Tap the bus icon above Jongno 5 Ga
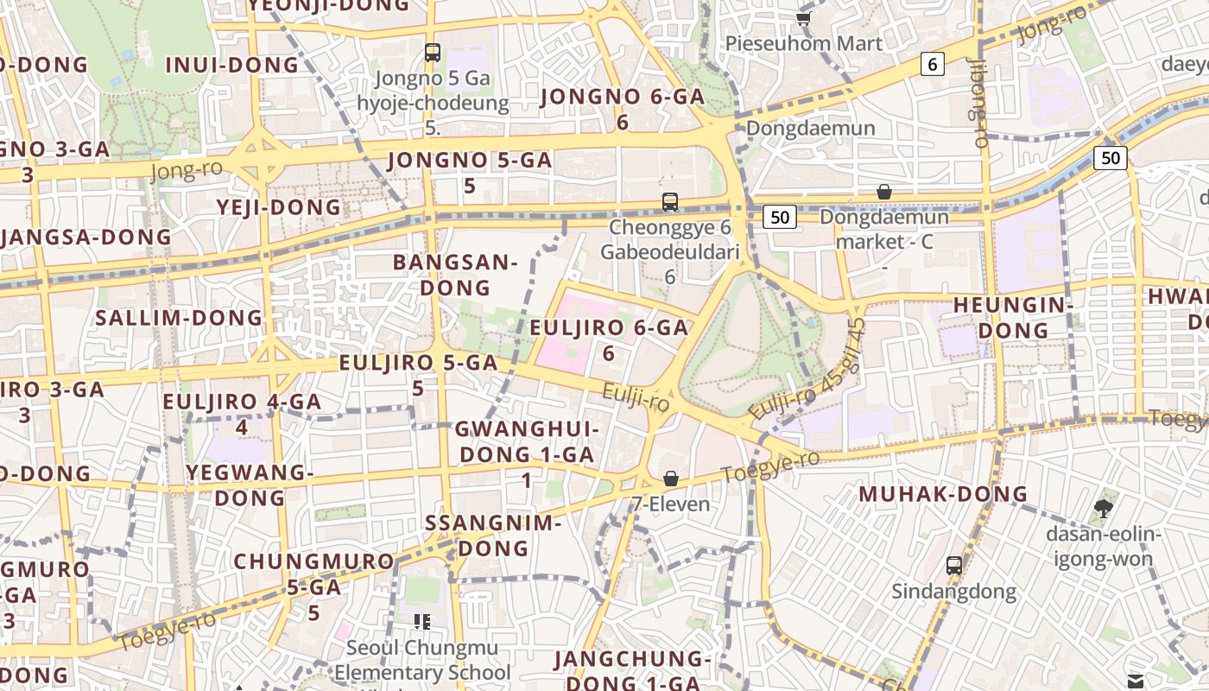(433, 53)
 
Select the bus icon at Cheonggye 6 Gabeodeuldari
(670, 202)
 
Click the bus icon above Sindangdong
(953, 566)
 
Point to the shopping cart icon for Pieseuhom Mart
(804, 17)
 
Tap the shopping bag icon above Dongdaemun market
(884, 192)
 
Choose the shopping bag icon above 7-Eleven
(671, 478)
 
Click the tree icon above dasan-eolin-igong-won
(1103, 507)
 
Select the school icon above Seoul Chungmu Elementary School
(422, 622)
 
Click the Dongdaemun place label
(811, 129)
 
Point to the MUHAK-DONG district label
(943, 494)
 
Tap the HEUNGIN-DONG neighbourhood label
(1013, 317)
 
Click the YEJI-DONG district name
(279, 207)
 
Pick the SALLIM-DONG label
(179, 317)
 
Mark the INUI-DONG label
(231, 65)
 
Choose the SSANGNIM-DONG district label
(493, 535)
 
